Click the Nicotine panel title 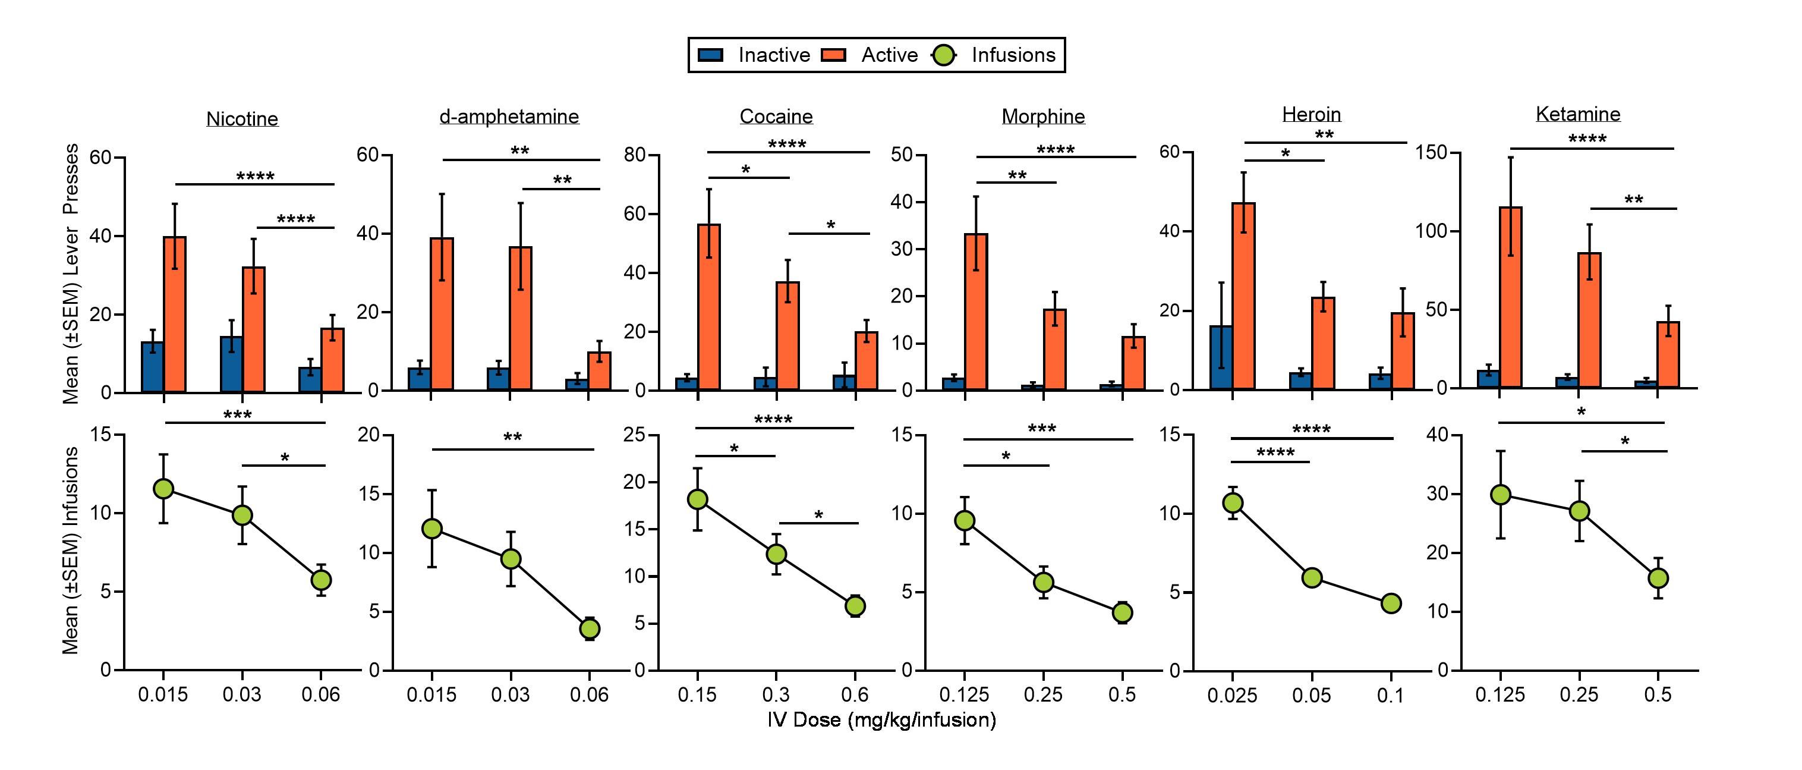(242, 119)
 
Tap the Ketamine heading (1577, 114)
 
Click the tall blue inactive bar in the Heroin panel (1221, 357)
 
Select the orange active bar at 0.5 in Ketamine (1668, 354)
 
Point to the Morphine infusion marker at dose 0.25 (1044, 582)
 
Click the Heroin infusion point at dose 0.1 (1391, 604)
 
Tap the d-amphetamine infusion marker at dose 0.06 (589, 628)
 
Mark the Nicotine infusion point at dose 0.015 (163, 489)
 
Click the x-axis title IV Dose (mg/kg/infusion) (881, 719)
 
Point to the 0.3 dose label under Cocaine (776, 695)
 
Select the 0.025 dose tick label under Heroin (1232, 696)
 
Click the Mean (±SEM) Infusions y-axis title (71, 552)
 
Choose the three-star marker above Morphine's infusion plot (1042, 428)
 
